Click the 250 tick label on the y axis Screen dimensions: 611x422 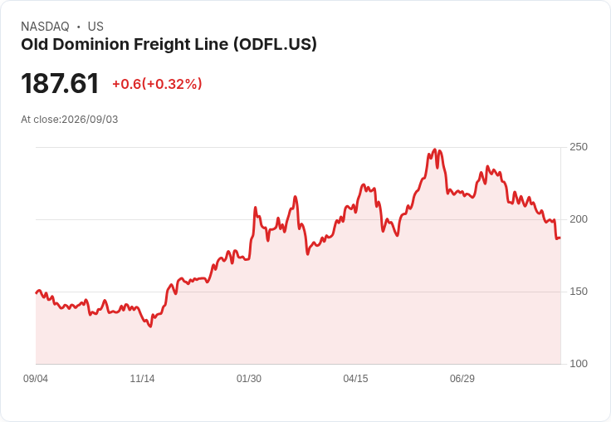pos(579,147)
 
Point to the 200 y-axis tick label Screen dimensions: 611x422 pos(579,219)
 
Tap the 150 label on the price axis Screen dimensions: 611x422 pos(579,292)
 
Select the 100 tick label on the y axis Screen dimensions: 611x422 pos(579,364)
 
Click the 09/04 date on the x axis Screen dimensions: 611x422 pos(36,379)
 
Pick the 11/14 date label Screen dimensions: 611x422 pos(142,379)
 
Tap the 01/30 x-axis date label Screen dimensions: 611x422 pos(249,379)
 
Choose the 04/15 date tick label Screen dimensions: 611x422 pos(355,379)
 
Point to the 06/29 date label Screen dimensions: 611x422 pos(462,379)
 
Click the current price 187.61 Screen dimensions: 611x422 pos(60,83)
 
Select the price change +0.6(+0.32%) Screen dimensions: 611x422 pos(157,84)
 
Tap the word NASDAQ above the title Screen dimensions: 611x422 pos(45,27)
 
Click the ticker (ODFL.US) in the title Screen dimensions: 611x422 pos(275,45)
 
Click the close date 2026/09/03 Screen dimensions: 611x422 pos(90,120)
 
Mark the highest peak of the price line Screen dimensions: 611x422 pos(435,150)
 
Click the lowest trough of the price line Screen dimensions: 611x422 pos(150,326)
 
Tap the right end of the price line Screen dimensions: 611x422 pos(560,238)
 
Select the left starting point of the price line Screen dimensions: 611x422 pos(37,292)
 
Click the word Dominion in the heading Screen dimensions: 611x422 pos(91,45)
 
